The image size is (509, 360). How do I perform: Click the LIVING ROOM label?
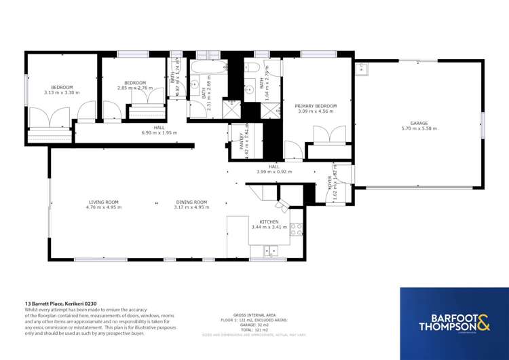coord(103,202)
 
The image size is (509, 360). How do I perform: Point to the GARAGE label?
coord(419,123)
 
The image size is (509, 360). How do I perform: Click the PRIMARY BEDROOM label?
coord(316,106)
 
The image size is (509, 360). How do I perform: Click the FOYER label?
coord(330,183)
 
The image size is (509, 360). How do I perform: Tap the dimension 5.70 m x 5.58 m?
coord(419,128)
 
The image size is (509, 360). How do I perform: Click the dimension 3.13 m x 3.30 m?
coord(62,92)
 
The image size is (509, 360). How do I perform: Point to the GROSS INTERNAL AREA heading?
coord(254,315)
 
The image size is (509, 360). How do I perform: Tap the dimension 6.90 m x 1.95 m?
coord(159,133)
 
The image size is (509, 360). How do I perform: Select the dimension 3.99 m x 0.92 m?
coord(274,172)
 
